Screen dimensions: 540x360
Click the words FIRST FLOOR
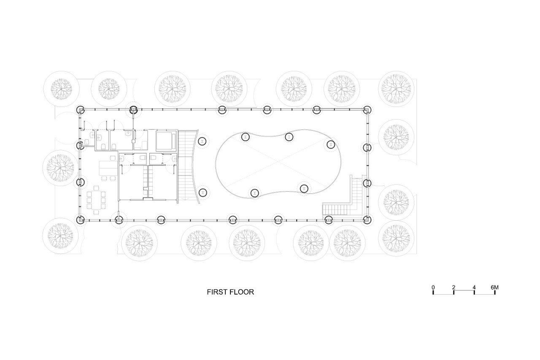[x=230, y=292]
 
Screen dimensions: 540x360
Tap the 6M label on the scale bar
[x=494, y=287]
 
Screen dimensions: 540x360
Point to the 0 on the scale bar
[x=433, y=287]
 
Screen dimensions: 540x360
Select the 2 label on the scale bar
[x=454, y=287]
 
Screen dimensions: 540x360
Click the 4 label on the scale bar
[x=474, y=287]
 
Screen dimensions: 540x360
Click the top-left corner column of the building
[x=81, y=110]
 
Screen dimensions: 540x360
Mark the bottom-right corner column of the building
[x=367, y=219]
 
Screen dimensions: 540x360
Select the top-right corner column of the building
[x=367, y=110]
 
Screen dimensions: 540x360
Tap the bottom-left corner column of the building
[x=81, y=219]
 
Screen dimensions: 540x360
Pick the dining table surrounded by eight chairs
[x=96, y=200]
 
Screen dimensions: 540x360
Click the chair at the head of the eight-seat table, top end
[x=96, y=188]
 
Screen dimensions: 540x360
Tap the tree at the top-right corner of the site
[x=396, y=89]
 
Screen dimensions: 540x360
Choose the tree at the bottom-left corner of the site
[x=60, y=235]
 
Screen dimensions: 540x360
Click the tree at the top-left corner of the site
[x=61, y=89]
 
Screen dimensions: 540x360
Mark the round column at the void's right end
[x=331, y=144]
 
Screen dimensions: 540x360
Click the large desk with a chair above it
[x=108, y=168]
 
